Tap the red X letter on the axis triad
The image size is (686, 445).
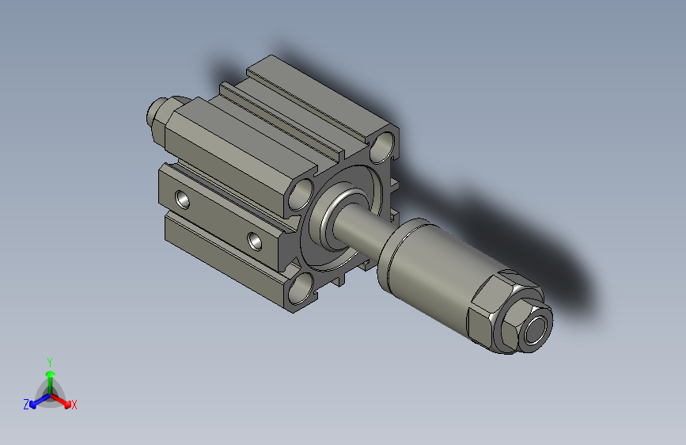pyautogui.click(x=74, y=405)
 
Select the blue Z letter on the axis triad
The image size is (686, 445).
pyautogui.click(x=26, y=405)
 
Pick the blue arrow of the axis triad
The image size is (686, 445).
pyautogui.click(x=36, y=401)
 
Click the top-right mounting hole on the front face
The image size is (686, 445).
pyautogui.click(x=384, y=145)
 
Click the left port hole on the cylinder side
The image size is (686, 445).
pyautogui.click(x=184, y=198)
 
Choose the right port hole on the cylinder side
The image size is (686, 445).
pyautogui.click(x=255, y=240)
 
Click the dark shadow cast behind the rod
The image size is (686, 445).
pyautogui.click(x=514, y=230)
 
